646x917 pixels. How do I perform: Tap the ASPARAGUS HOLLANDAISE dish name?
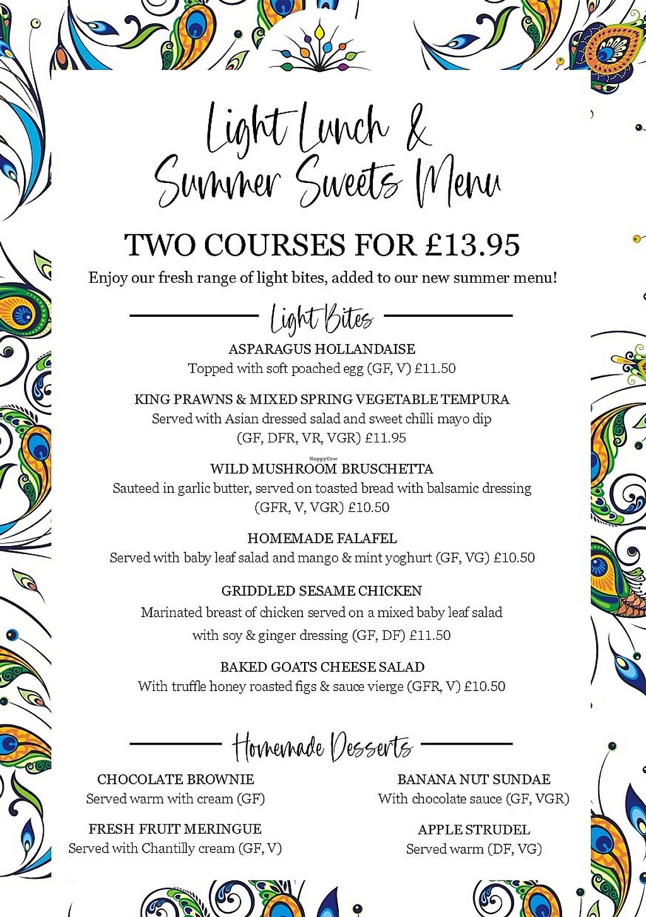coord(322,349)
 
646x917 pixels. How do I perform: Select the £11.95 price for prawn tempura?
coord(385,438)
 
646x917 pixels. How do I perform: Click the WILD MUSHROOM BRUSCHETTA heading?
coord(322,469)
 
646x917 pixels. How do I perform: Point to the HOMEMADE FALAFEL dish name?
coord(322,538)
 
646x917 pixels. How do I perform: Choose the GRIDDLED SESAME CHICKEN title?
coord(322,591)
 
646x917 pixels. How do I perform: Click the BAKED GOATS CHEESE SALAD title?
coord(322,667)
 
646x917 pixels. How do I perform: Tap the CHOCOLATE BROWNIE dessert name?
coord(175,779)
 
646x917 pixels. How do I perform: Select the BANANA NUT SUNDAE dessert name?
coord(474,779)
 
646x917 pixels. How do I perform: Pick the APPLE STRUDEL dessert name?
coord(474,829)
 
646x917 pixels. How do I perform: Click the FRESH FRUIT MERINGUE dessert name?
coord(175,829)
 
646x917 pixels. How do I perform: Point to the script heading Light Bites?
coord(322,318)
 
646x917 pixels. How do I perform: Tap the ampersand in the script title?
coord(416,129)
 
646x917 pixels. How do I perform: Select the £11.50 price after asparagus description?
coord(435,369)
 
